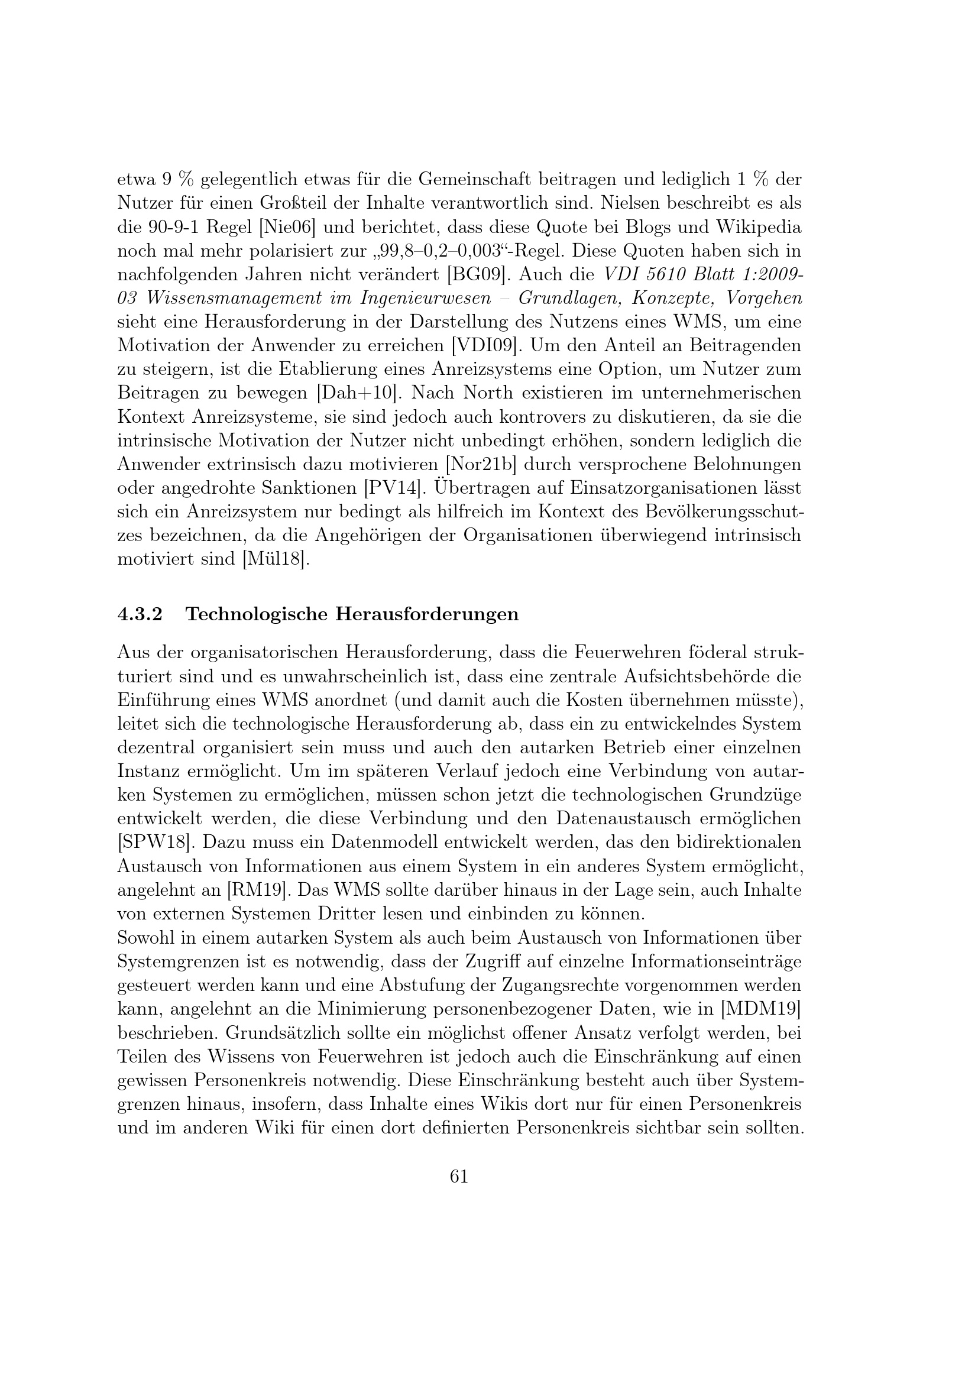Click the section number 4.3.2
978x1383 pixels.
pyautogui.click(x=140, y=614)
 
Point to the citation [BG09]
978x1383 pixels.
pyautogui.click(x=475, y=275)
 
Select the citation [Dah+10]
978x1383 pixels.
pyautogui.click(x=358, y=393)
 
